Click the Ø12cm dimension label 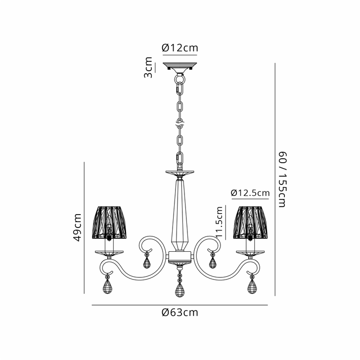coord(180,48)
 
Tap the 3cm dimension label coord(148,67)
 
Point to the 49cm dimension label coord(77,227)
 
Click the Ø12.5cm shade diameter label coord(250,193)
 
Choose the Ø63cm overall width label coord(180,312)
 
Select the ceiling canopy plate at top coord(180,66)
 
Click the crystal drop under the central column coord(180,289)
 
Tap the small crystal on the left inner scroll coord(146,262)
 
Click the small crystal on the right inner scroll coord(213,262)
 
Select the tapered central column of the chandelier coord(180,213)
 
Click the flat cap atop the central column coord(180,173)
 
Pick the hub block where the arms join coord(180,257)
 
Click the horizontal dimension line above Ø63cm coord(180,305)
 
